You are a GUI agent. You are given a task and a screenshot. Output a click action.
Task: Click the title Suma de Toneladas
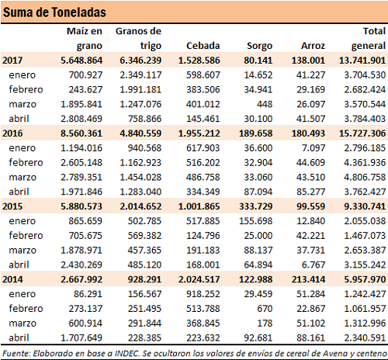point(54,12)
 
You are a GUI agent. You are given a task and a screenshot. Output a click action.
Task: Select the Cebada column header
point(203,46)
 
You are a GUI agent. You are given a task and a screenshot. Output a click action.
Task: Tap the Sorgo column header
point(259,46)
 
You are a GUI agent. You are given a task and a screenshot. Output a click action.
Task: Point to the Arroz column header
point(313,46)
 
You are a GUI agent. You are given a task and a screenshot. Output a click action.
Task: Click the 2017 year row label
point(12,61)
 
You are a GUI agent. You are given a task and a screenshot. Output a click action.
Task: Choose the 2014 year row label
point(12,279)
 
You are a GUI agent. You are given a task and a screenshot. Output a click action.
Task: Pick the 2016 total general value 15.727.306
point(362,133)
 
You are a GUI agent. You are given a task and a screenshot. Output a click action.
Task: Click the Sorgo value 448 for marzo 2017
point(265,104)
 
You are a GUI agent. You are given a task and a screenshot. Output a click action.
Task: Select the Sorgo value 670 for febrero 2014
point(265,309)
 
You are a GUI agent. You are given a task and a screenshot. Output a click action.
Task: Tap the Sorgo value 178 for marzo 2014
point(265,324)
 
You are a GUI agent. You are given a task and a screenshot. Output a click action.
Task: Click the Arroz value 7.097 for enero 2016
point(314,148)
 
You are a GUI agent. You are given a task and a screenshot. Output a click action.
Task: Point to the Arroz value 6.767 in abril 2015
point(314,265)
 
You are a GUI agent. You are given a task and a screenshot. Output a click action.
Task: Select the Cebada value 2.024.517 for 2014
point(199,279)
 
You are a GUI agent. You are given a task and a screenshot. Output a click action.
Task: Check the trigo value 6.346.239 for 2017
point(140,61)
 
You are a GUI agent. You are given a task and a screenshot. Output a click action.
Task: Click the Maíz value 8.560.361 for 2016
point(81,133)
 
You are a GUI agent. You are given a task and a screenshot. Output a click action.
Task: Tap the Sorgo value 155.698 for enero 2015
point(256,221)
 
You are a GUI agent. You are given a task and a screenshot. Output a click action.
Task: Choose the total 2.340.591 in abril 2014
point(365,338)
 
